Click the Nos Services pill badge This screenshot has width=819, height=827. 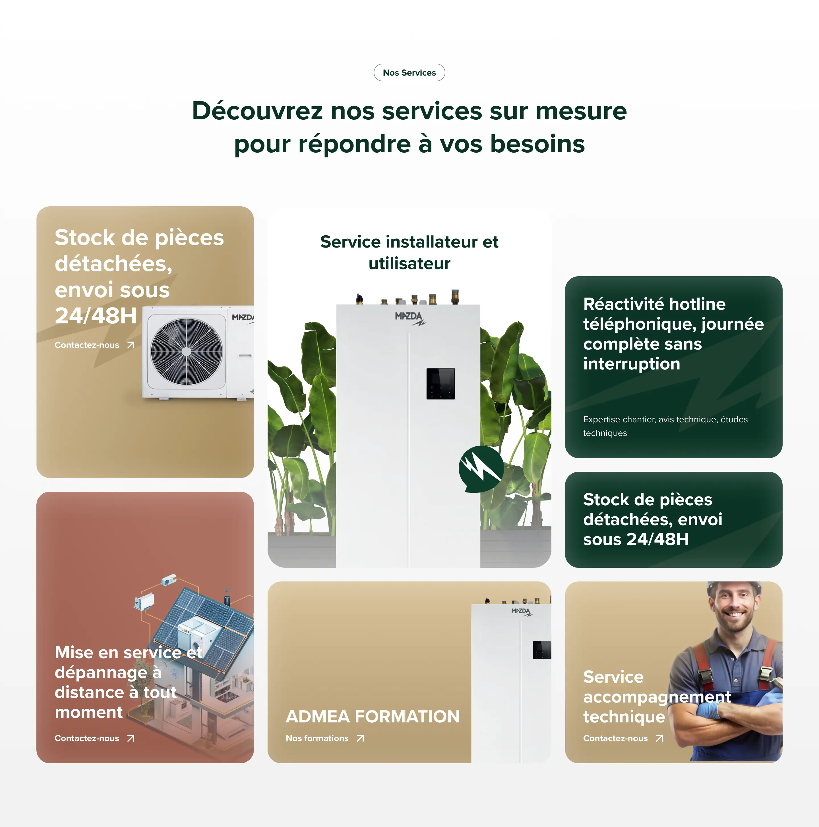coord(409,73)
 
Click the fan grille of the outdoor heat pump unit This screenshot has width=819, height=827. coord(186,352)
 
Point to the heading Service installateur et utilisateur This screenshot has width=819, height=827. coord(409,253)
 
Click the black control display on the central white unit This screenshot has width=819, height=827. coord(440,384)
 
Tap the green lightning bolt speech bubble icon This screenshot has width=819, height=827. coord(481,469)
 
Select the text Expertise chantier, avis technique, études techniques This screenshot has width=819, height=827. coord(665,426)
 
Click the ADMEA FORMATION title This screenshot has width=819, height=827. coord(373,716)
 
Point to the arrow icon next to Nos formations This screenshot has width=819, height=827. coord(360,738)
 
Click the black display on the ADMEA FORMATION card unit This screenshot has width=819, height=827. coord(542,650)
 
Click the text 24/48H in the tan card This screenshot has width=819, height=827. coord(96,316)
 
